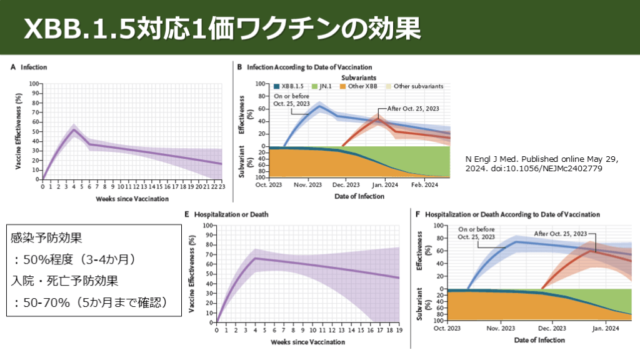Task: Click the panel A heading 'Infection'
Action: [33, 67]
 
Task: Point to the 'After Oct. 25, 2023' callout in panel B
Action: [414, 108]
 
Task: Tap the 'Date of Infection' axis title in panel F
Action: [539, 341]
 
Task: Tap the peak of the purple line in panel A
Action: [74, 129]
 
